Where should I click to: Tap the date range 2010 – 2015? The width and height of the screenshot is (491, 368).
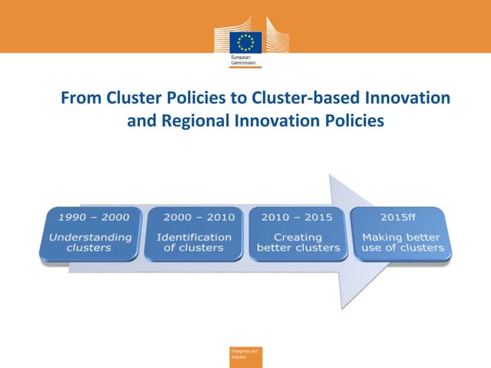(298, 217)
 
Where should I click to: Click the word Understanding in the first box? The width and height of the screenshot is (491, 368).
(90, 237)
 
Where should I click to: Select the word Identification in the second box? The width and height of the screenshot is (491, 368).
(194, 237)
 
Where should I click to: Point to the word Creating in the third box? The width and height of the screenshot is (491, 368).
(298, 237)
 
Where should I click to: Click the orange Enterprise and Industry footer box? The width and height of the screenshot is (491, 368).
(245, 356)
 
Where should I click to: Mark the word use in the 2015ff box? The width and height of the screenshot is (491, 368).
(375, 248)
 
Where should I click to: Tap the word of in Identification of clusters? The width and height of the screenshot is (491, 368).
(169, 248)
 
